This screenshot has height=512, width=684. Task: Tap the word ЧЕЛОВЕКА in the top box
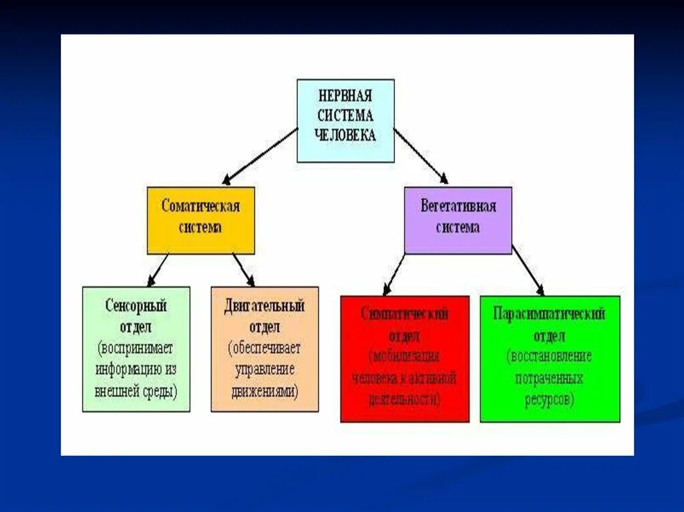click(345, 135)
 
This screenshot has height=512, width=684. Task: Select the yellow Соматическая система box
click(200, 220)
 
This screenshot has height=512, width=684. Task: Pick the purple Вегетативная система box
click(458, 220)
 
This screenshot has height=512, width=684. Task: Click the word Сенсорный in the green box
click(136, 306)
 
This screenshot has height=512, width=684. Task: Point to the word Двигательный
click(265, 306)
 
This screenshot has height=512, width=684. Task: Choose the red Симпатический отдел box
click(403, 359)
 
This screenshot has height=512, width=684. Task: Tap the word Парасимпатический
click(549, 313)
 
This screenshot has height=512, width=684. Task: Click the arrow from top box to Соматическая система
click(260, 156)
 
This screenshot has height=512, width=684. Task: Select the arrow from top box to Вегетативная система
click(420, 155)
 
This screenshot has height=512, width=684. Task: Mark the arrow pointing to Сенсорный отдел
click(158, 270)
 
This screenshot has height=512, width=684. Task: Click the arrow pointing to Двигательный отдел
click(244, 270)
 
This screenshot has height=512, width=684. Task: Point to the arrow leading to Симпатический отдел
click(395, 274)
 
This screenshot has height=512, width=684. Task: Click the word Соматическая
click(200, 206)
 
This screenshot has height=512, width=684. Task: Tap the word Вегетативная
click(458, 206)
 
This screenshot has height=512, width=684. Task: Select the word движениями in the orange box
click(265, 392)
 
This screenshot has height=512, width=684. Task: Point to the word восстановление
click(549, 356)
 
